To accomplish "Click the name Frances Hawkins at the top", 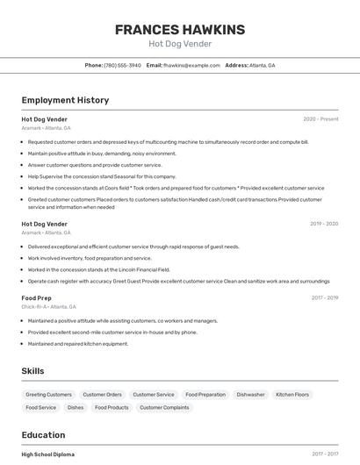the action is [x=179, y=29].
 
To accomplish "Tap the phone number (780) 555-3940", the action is [x=122, y=65].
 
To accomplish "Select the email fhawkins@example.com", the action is [x=191, y=65].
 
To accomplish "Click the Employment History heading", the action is [x=65, y=100].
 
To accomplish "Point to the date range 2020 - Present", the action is [x=320, y=119].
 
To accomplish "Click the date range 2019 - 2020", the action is [x=324, y=224].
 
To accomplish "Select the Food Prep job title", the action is [x=38, y=298].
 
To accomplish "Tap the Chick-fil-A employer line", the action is [x=49, y=307].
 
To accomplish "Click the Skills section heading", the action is [x=32, y=371].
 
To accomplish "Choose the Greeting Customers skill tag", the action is [x=48, y=395].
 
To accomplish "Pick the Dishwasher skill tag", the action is [x=250, y=395].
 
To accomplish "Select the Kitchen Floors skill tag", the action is [x=292, y=395].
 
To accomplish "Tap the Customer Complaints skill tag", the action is [x=164, y=407].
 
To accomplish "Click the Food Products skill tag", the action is [x=112, y=407].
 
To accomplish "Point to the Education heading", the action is [x=43, y=435].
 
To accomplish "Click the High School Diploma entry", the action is [x=48, y=454].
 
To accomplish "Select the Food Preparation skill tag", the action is [x=205, y=395].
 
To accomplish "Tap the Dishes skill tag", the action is [x=76, y=407].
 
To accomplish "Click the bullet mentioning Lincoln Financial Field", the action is [x=98, y=270].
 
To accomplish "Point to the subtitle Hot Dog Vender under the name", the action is [x=179, y=44].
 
